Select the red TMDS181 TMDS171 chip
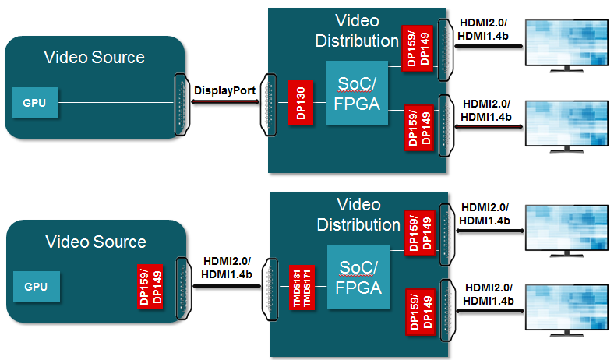coord(300,288)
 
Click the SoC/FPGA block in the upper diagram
coord(357,93)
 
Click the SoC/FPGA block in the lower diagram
coord(357,277)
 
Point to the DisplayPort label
coord(225,90)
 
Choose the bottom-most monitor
coord(566,308)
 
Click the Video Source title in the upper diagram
coord(94,57)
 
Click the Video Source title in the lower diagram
coord(95,242)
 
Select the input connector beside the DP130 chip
coord(270,103)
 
